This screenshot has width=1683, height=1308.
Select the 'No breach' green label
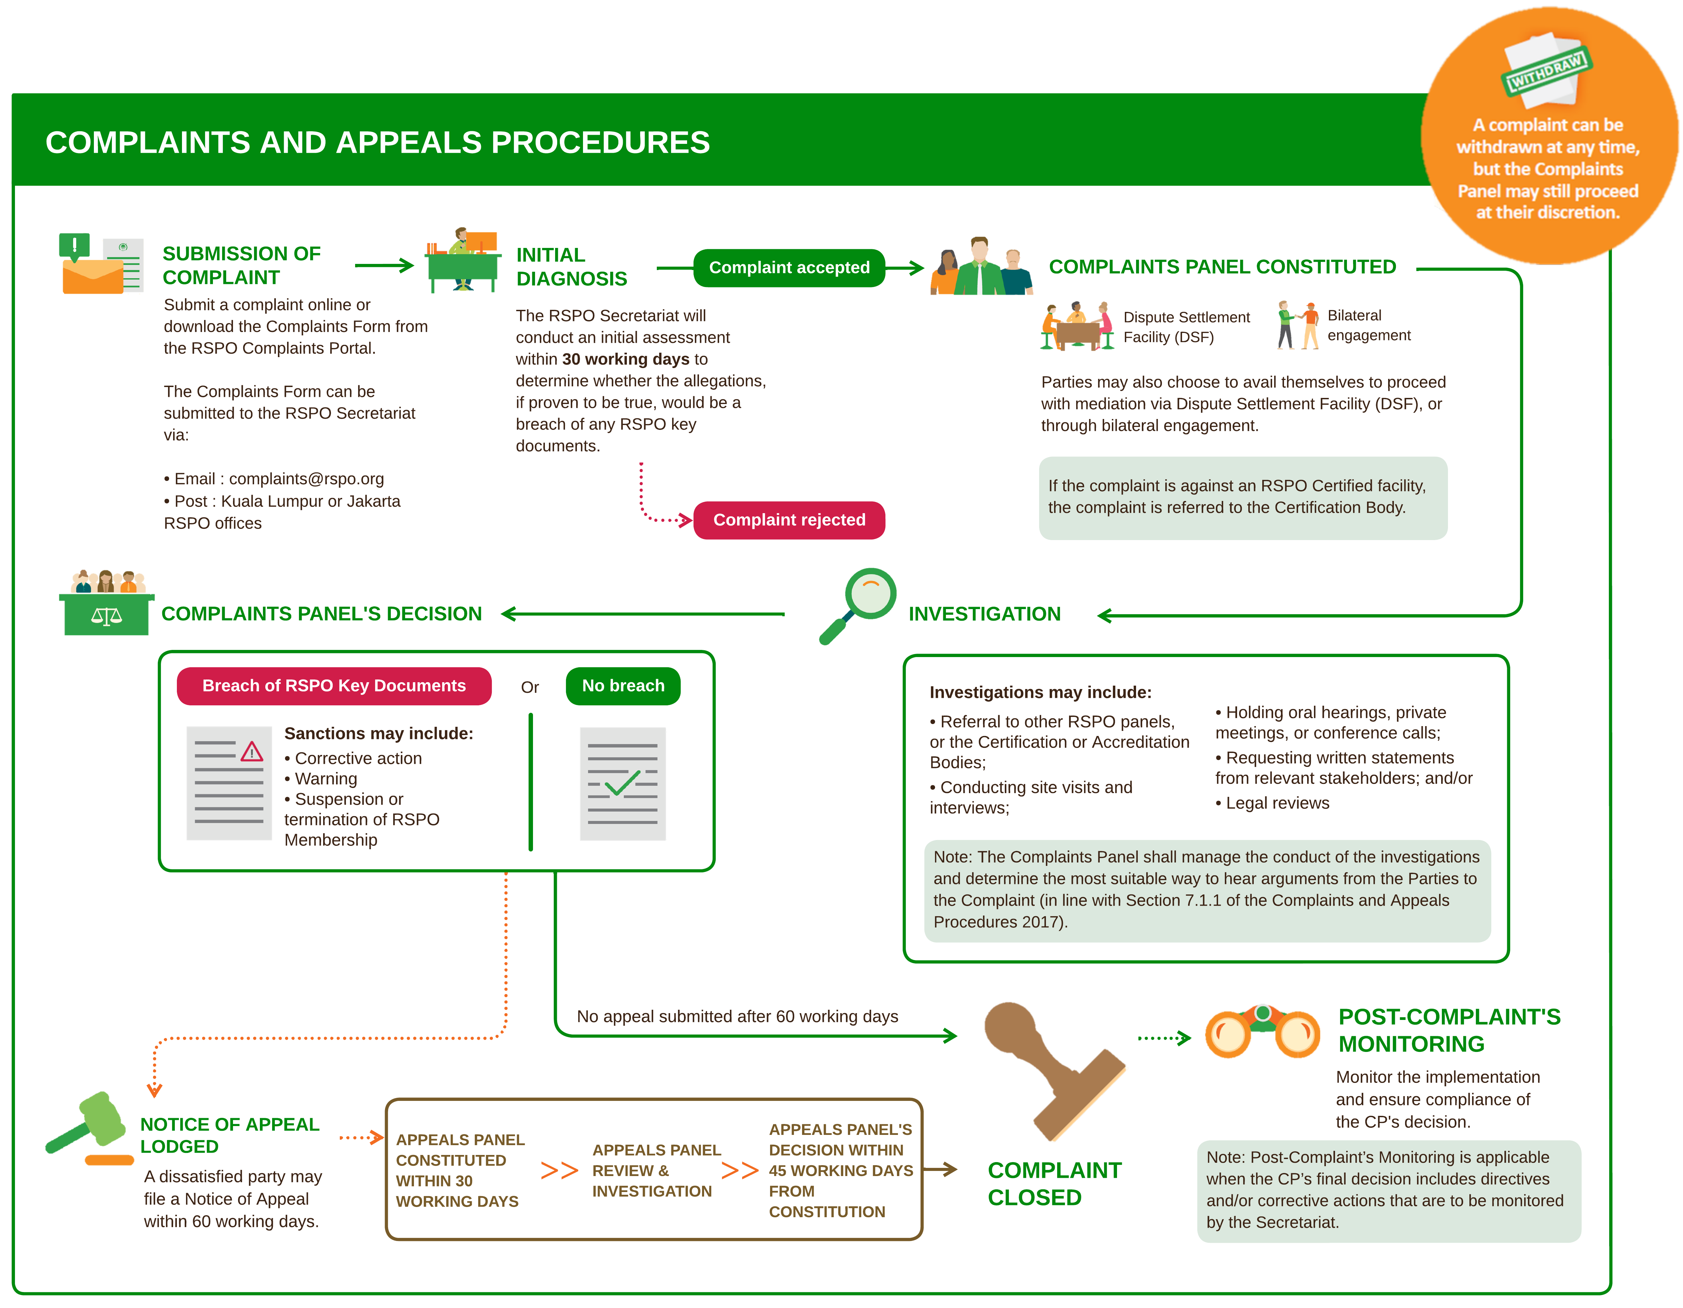coord(623,686)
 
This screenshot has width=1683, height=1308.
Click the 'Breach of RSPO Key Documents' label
coord(334,686)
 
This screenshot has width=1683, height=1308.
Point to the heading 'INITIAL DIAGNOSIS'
coord(571,267)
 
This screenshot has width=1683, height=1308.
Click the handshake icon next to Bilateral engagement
coord(1298,325)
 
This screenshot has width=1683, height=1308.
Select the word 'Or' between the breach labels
coord(529,687)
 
